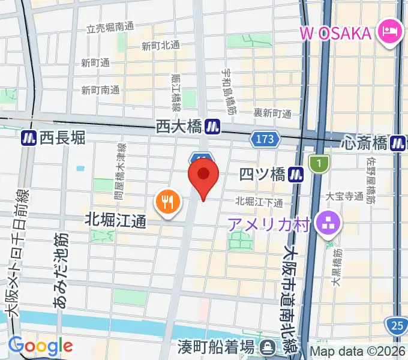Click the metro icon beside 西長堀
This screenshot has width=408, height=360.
click(x=28, y=138)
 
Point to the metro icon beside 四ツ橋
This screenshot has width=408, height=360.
click(x=294, y=174)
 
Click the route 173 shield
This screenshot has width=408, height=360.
click(x=265, y=139)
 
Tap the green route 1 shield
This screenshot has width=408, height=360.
click(x=319, y=163)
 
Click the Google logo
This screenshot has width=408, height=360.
click(x=40, y=346)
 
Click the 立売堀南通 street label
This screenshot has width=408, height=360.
click(x=110, y=28)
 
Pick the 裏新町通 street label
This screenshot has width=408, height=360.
click(x=272, y=113)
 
